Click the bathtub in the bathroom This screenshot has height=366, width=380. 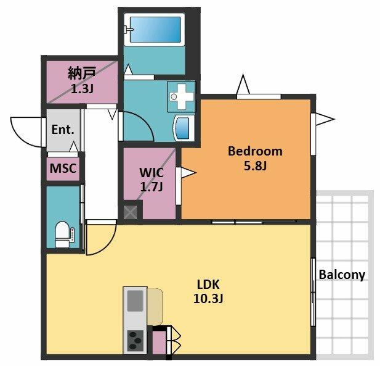[x=155, y=30]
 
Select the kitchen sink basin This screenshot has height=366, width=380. [x=135, y=301]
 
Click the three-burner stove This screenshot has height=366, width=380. [x=135, y=340]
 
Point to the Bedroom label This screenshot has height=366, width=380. [x=255, y=151]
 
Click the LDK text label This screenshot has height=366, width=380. [x=208, y=285]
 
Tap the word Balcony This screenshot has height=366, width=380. [x=342, y=275]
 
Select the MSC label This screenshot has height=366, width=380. [x=63, y=168]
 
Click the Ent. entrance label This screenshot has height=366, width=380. [x=63, y=130]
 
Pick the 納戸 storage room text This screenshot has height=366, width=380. [x=82, y=73]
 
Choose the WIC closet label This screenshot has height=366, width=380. [x=152, y=173]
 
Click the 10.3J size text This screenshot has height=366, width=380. [x=208, y=299]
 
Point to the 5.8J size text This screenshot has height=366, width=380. [x=255, y=166]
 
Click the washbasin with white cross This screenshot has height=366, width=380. [x=181, y=96]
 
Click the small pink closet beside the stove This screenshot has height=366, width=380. [x=159, y=342]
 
